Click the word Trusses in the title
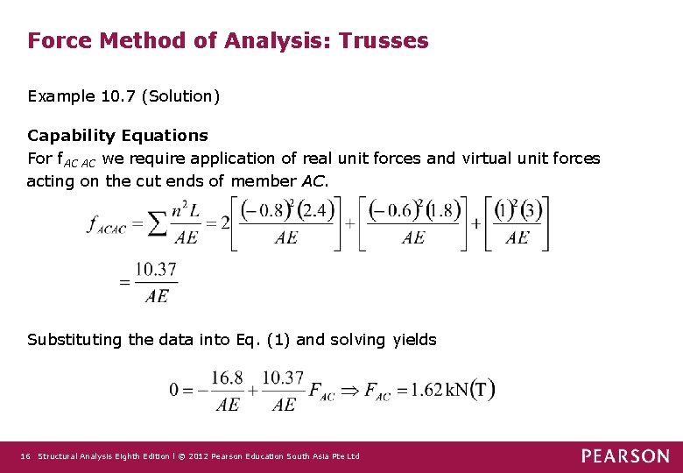385,40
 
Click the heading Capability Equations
117,135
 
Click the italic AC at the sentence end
312,181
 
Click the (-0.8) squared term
268,211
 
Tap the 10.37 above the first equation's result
156,270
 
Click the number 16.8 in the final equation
228,378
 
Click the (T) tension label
482,390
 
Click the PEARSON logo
625,455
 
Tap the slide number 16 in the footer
25,456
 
